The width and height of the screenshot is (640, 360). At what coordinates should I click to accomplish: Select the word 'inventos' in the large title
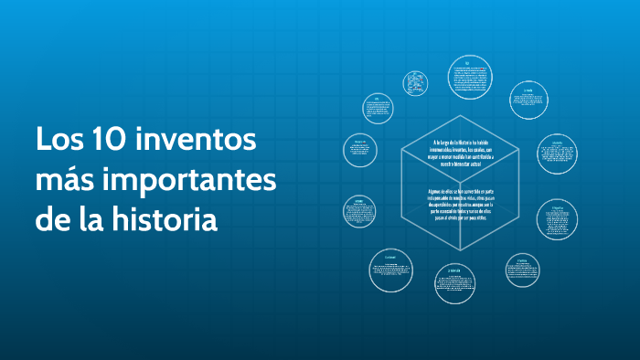coord(196,142)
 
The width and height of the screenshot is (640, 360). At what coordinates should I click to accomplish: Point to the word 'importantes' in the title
coord(188,182)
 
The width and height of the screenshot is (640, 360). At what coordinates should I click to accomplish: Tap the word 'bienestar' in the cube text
coord(466,169)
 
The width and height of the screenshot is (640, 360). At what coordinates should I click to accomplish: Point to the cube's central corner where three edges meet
coord(462,181)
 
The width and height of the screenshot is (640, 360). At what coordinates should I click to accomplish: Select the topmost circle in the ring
coord(470,77)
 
